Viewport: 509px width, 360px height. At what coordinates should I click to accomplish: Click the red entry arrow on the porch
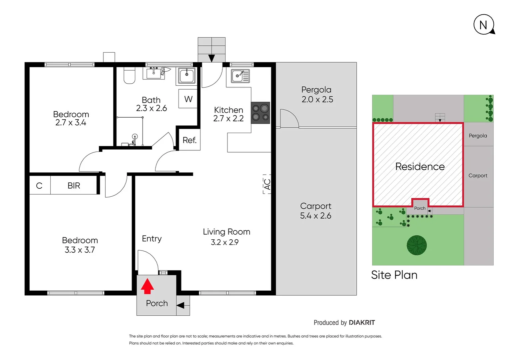click(x=147, y=286)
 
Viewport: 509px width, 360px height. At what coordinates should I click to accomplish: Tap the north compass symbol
click(x=484, y=25)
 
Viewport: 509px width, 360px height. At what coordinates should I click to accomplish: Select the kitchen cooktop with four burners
click(x=260, y=113)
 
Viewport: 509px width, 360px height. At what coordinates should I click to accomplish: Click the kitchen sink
click(x=240, y=76)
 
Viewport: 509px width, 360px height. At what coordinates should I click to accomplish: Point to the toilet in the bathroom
click(x=129, y=76)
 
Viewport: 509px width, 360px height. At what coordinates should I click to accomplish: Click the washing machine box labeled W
click(x=188, y=99)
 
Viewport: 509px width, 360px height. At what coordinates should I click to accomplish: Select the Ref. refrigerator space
click(x=190, y=140)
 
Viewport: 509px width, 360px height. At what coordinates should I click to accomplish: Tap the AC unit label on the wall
click(x=267, y=184)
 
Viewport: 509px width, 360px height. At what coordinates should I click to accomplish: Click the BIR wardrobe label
click(x=74, y=186)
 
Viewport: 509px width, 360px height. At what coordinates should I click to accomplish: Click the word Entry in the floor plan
click(x=152, y=239)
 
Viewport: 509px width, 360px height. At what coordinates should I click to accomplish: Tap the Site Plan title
click(x=394, y=275)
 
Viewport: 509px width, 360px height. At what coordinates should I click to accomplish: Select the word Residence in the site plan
click(x=420, y=167)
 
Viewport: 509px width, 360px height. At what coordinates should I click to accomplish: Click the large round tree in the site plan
click(x=416, y=245)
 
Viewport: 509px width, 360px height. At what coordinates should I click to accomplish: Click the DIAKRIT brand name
click(x=362, y=323)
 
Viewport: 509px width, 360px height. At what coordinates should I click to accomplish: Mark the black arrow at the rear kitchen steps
click(x=212, y=58)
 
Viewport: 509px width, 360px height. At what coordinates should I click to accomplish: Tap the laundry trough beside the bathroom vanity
click(x=187, y=76)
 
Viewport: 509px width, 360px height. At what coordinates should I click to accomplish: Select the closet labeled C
click(x=39, y=186)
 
